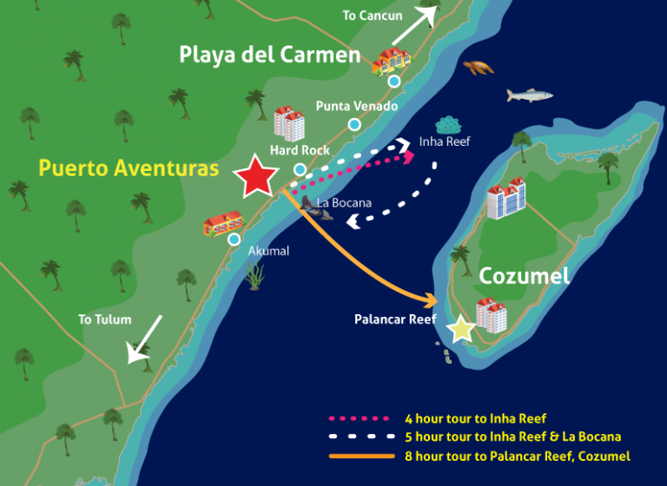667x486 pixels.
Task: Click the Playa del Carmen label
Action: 269,56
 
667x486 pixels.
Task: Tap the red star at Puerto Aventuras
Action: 256,176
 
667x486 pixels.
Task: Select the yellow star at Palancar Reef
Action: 462,329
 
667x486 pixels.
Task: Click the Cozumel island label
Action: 524,276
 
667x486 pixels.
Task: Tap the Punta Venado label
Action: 356,106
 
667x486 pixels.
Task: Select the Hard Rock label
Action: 299,150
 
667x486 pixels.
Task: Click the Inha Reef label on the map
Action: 444,141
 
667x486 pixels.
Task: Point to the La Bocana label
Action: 344,203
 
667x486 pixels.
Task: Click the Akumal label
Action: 268,251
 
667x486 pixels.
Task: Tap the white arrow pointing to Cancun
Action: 413,23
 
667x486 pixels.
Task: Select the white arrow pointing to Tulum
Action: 144,338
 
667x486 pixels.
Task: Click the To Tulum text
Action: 104,319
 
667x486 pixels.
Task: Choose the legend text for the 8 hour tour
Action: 518,456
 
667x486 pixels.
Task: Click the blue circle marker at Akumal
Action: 234,240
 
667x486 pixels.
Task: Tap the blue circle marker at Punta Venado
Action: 354,125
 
